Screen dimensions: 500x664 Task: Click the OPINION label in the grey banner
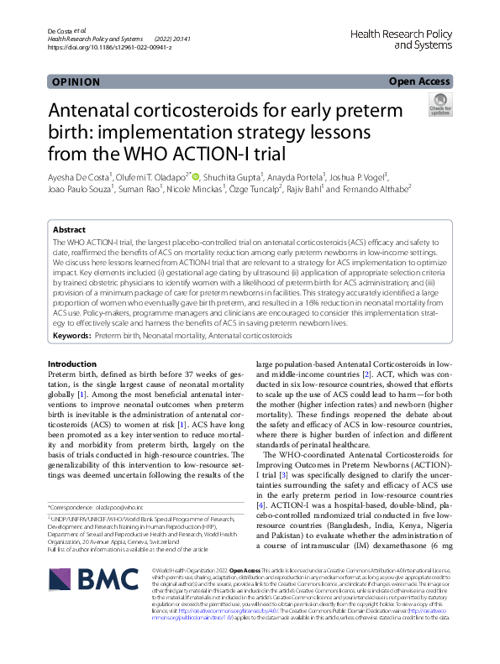click(x=76, y=82)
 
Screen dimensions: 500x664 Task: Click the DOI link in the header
click(x=110, y=47)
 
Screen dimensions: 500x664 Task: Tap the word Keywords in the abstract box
click(x=71, y=336)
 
